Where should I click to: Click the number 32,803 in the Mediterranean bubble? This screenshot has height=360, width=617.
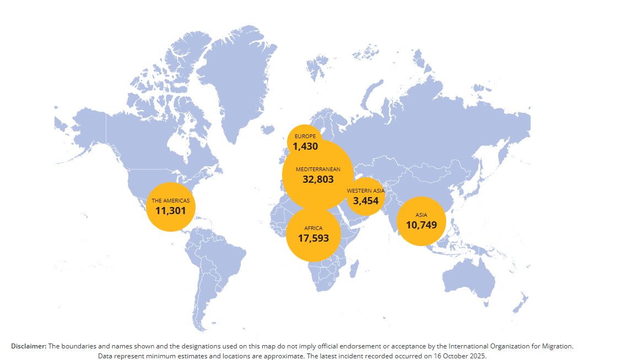[x=318, y=179]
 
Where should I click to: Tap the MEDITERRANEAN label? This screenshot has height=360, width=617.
[x=318, y=168]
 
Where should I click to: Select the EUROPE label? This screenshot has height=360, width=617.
[x=305, y=136]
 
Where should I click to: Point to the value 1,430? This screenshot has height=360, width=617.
[x=305, y=146]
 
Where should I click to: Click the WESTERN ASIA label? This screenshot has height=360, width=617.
[x=365, y=190]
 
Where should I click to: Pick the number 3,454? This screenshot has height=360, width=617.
[x=366, y=201]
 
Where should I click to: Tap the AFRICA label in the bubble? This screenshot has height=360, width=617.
[x=313, y=228]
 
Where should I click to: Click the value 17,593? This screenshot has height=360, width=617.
[x=313, y=238]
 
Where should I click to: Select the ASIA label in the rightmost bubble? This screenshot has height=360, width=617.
[x=421, y=215]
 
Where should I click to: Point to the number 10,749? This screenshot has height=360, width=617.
[x=421, y=225]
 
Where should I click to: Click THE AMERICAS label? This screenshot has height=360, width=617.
[x=171, y=201]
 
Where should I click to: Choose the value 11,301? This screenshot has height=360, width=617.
[x=171, y=211]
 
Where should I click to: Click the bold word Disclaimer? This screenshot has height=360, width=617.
[x=29, y=346]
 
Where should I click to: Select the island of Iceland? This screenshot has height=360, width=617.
[x=268, y=130]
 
